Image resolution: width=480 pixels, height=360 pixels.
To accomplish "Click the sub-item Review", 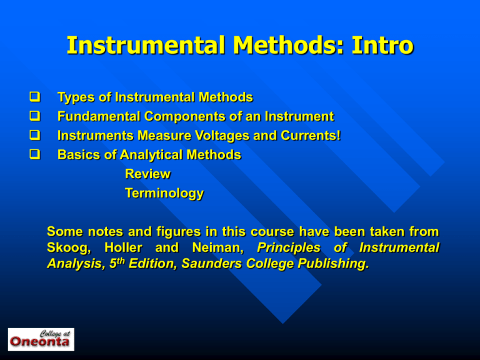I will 147,174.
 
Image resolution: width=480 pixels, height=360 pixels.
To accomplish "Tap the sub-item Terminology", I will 164,194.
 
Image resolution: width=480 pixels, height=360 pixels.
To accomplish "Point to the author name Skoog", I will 67,249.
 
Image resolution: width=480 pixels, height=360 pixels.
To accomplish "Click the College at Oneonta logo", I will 41,339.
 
